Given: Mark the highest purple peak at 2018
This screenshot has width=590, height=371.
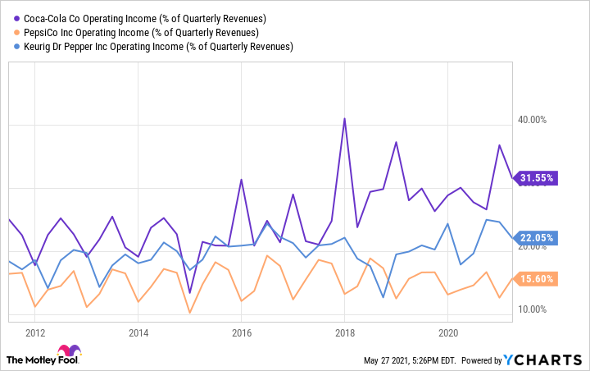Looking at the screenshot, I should pos(344,119).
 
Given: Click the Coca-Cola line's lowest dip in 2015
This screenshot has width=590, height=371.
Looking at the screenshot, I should pos(189,292).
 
